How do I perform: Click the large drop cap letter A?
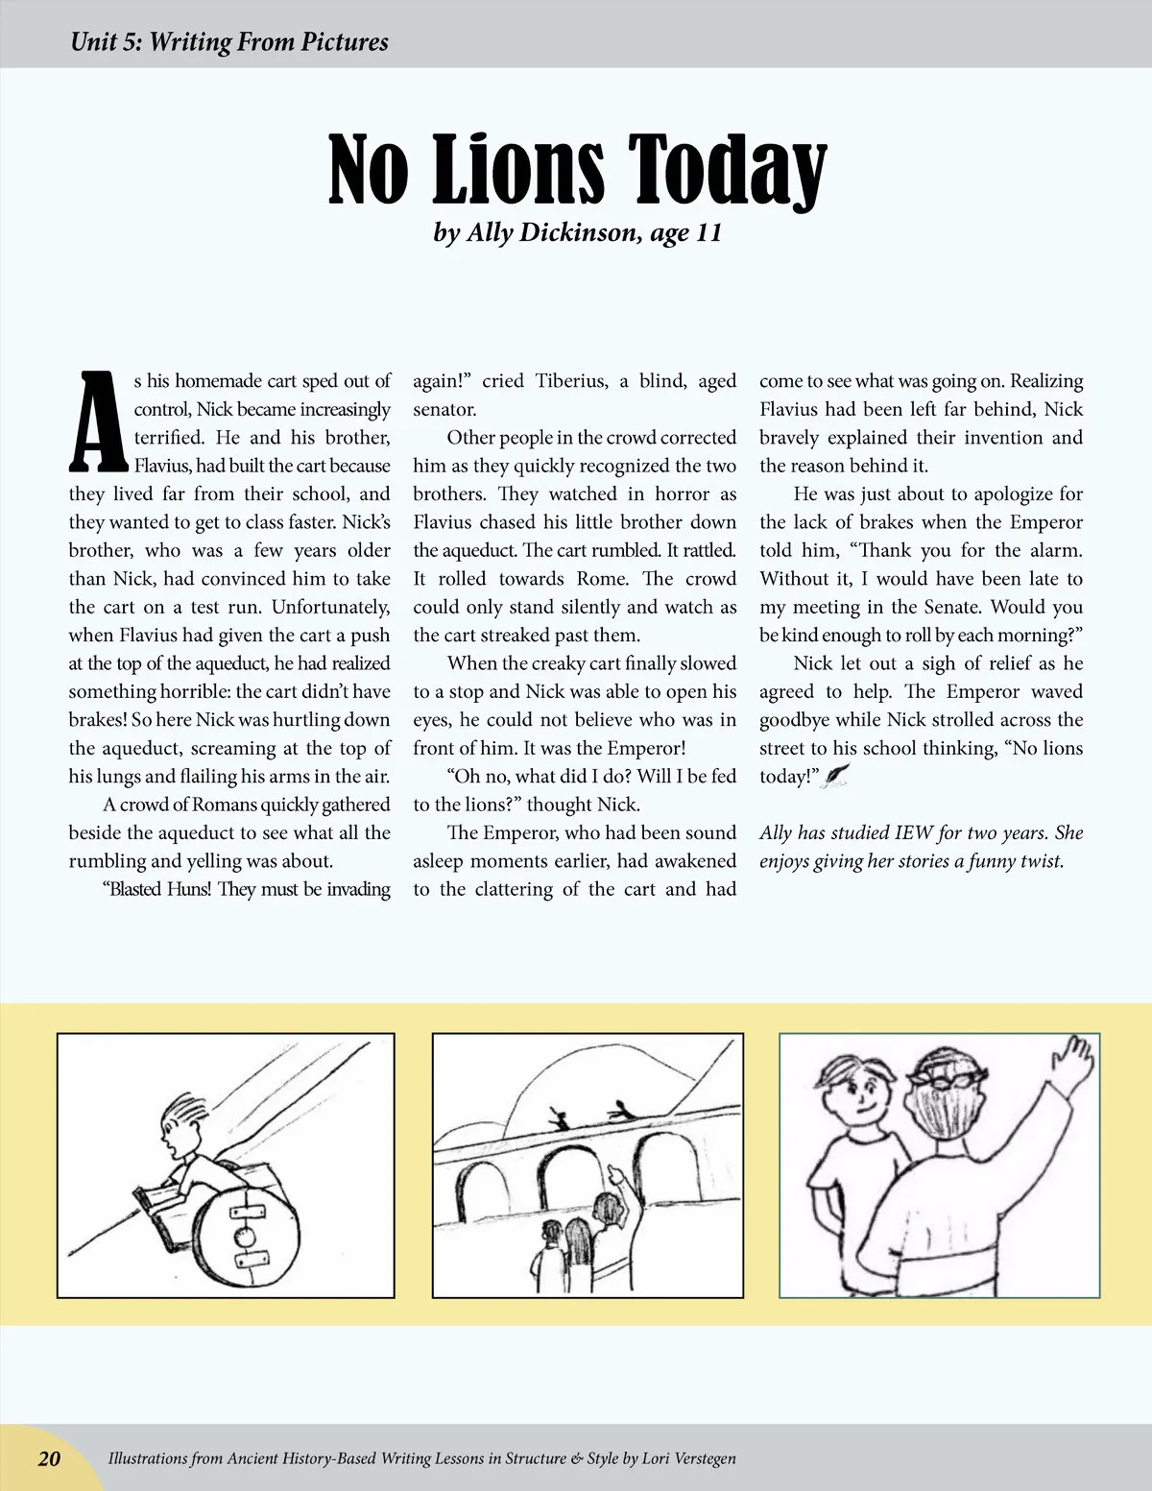(x=97, y=421)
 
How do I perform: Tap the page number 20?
(x=49, y=1458)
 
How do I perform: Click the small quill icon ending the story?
(x=837, y=776)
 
